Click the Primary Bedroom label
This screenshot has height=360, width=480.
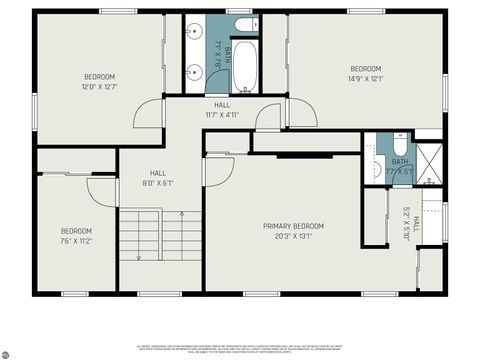coord(294,226)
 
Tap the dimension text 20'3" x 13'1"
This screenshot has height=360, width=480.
coord(294,236)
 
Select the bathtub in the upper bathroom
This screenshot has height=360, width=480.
coord(246,67)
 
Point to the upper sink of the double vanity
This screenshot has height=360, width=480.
coord(194,29)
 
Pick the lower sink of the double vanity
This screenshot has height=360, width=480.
coord(194,71)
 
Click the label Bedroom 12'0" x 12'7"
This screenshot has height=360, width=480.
coord(99,82)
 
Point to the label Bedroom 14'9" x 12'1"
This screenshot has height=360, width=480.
coord(365,73)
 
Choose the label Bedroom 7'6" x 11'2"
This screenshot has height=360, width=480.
coord(76,236)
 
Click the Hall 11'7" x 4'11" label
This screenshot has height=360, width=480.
coord(221,109)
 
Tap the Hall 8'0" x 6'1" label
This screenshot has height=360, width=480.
coord(158,178)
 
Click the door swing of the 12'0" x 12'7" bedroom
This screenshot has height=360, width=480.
coord(148,113)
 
